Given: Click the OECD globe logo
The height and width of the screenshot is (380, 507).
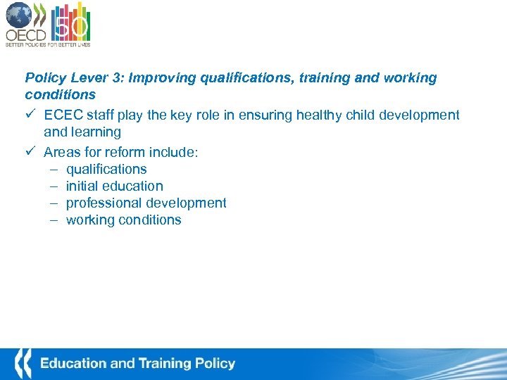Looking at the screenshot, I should tap(20, 15).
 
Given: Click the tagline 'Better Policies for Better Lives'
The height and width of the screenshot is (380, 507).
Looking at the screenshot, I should tap(48, 44).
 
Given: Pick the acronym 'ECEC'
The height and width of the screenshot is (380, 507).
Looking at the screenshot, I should tap(62, 115).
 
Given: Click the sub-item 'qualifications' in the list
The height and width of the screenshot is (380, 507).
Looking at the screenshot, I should tap(106, 170).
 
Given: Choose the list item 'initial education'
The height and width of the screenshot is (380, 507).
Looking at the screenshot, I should tap(115, 186).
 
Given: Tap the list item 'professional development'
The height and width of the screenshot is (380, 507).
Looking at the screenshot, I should tap(146, 203).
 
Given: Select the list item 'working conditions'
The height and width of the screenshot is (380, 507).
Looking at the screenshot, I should tap(124, 220).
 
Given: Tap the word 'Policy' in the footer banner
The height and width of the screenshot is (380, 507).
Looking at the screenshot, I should tap(215, 364).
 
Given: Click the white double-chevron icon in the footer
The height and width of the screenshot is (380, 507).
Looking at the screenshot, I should tap(23, 363).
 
